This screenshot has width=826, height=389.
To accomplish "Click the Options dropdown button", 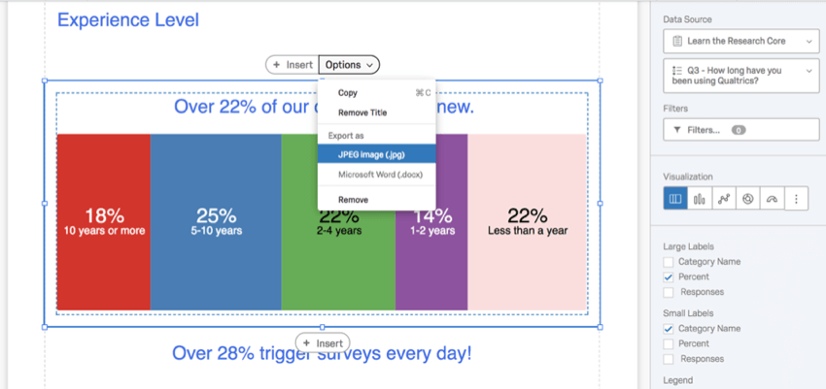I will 349,65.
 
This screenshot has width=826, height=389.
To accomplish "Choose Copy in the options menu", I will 348,93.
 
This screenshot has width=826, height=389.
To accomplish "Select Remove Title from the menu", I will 362,113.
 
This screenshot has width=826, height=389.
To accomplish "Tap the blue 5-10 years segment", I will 216,272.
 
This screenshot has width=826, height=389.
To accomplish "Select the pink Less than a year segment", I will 527,272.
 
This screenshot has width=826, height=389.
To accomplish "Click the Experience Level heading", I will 128,19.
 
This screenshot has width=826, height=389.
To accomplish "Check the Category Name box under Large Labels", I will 669,262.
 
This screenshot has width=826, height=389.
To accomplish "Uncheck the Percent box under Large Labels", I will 669,276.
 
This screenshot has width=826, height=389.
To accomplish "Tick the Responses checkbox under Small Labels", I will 669,359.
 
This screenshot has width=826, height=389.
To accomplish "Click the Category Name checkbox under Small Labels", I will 669,329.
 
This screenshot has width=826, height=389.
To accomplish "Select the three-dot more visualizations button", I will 796,199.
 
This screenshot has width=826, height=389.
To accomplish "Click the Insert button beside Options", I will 293,65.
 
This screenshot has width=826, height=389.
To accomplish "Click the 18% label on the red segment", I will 104,216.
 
